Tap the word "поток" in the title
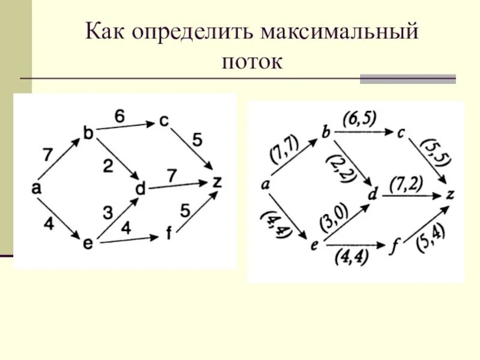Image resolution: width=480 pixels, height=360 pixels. [252, 62]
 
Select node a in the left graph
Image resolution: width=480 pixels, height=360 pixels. [36, 188]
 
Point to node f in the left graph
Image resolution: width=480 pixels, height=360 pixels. [169, 235]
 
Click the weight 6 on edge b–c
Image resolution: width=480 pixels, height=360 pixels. [120, 116]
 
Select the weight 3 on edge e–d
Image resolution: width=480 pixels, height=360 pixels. [107, 212]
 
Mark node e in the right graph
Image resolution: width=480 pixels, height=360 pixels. [314, 244]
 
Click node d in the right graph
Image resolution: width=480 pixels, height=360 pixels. [373, 195]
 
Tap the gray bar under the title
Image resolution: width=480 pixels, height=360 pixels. [407, 79]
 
